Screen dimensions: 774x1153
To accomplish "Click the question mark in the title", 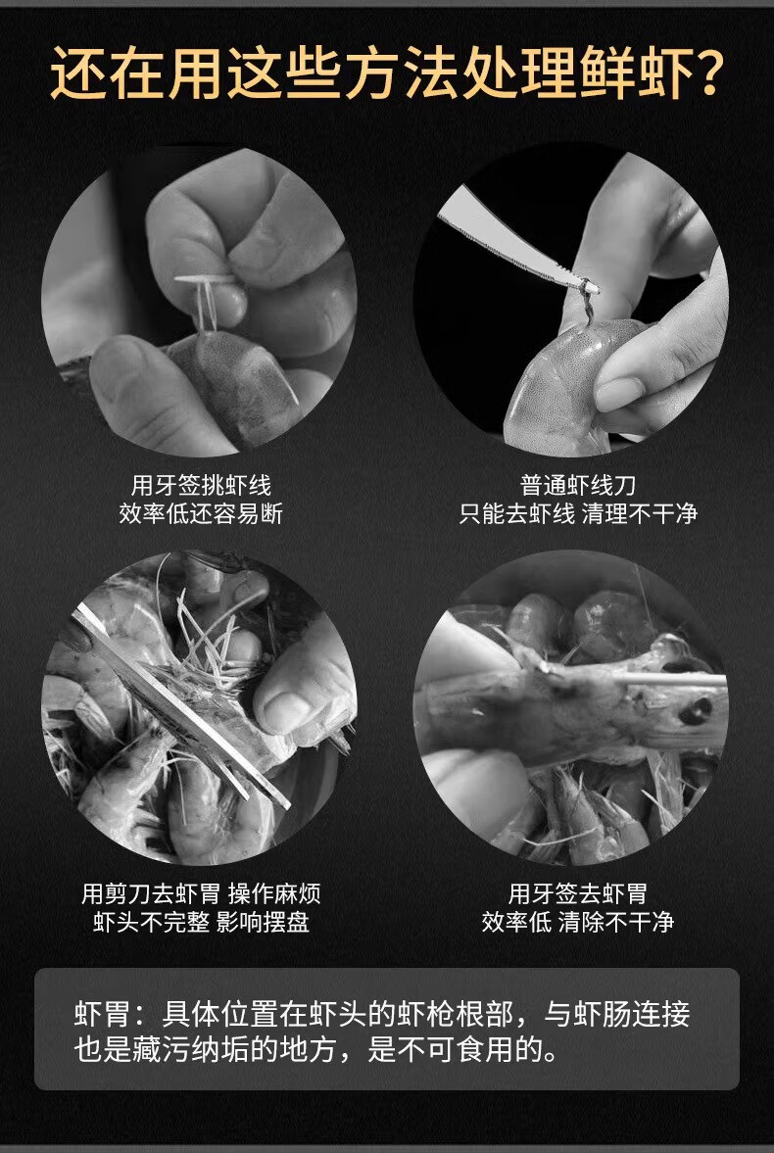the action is click(707, 73).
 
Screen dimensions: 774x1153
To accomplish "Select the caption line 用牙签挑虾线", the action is click(201, 485).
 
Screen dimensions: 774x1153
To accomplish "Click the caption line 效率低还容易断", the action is click(201, 513).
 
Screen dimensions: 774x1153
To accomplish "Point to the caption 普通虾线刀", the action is click(577, 485).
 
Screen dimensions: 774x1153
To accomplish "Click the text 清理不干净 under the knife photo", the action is click(640, 513).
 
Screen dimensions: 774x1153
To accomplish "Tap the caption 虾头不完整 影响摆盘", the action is click(201, 922).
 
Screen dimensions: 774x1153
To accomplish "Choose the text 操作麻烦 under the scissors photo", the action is click(274, 894).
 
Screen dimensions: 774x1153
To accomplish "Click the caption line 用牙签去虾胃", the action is click(577, 894).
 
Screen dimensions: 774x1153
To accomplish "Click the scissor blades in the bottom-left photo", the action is click(180, 706).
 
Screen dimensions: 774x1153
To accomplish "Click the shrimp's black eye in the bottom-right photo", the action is click(696, 710).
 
